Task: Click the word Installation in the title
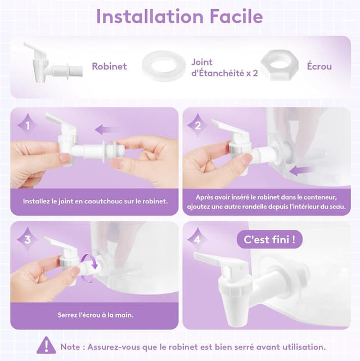pos(150,16)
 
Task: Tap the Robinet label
pos(109,66)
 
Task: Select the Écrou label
pos(319,66)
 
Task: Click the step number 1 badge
pos(28,126)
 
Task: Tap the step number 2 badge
pos(197,126)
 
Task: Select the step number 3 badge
pos(28,240)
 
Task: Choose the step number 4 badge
pos(197,240)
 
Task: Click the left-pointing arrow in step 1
pos(106,130)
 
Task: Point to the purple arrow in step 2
pos(301,171)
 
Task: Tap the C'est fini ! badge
pos(269,239)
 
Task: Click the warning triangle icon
pos(46,345)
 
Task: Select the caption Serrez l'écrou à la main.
pos(96,315)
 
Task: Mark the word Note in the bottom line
pos(70,347)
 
